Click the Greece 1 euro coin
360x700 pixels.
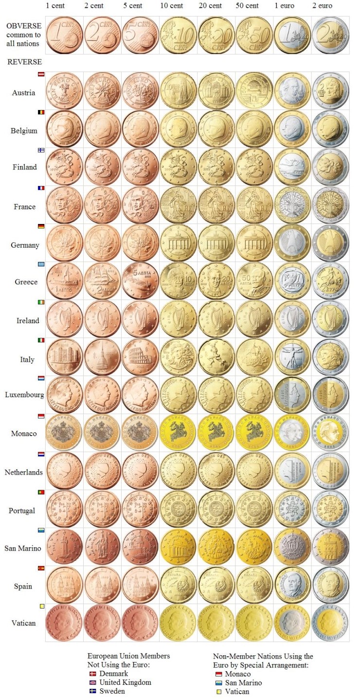[x=292, y=281]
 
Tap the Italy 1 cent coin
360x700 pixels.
[x=64, y=357]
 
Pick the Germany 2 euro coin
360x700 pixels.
[x=330, y=243]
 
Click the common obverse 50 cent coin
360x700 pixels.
[x=254, y=35]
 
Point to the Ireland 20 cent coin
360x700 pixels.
[x=216, y=319]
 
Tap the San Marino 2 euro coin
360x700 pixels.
[x=330, y=547]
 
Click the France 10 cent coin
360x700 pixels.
[x=178, y=205]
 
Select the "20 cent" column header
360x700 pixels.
[x=210, y=6]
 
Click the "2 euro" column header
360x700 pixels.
[x=323, y=6]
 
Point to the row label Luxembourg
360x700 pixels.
[x=24, y=395]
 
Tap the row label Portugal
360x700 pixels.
[x=22, y=511]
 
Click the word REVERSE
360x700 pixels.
[x=24, y=62]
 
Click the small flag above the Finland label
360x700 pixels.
[x=41, y=150]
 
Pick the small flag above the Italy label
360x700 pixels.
[x=41, y=340]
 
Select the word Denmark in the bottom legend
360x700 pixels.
[x=114, y=674]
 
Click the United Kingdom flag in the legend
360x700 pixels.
[x=92, y=682]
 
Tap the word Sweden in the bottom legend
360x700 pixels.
[x=111, y=691]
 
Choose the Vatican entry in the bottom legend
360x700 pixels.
[x=237, y=691]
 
